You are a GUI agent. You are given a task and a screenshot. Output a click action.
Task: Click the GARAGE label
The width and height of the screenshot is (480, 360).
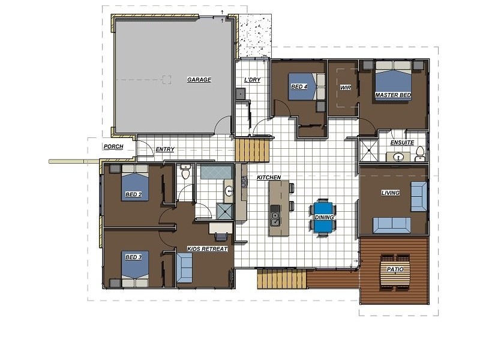199,80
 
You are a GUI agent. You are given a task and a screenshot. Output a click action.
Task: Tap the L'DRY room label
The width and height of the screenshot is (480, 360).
252,80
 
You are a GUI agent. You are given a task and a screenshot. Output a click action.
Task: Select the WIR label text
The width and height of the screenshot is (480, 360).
346,88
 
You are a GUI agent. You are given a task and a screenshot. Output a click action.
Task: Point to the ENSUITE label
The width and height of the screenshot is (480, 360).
402,143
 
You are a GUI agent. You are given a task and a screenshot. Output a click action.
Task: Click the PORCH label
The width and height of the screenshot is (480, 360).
113,146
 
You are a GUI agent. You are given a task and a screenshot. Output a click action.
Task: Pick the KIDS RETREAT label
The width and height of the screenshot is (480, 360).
207,249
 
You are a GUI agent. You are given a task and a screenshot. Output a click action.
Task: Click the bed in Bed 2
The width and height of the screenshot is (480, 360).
134,183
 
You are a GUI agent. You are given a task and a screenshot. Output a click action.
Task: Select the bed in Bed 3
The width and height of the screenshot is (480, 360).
135,269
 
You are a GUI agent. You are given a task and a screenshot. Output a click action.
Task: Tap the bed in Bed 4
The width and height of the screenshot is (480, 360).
307,86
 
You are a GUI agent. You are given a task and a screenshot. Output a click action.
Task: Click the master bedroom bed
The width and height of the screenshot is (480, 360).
394,79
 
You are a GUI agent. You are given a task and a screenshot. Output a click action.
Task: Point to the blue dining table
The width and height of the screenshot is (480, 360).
323,218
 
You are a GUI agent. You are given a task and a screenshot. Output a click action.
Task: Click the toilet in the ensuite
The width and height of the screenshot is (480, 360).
420,154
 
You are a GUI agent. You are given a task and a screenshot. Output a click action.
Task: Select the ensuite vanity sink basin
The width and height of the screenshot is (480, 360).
398,157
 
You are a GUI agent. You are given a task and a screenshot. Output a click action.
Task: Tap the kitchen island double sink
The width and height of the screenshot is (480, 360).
275,215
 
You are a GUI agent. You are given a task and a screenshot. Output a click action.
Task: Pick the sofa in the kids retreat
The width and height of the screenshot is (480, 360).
184,269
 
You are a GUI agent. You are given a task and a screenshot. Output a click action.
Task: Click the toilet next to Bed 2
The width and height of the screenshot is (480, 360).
185,172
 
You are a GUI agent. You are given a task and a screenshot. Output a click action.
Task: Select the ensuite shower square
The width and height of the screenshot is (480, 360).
368,150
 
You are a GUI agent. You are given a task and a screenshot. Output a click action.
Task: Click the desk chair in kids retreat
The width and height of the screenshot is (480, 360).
221,236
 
